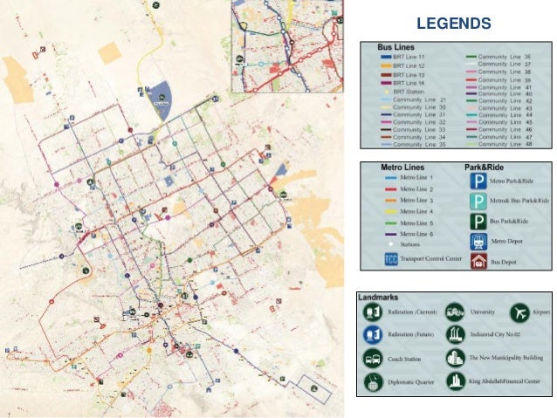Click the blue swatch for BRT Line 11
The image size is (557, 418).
point(385,57)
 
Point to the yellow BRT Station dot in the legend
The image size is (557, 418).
point(385,90)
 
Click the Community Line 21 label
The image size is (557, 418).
point(420,99)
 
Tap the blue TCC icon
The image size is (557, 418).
point(389,259)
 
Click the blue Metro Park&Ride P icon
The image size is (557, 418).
point(477,182)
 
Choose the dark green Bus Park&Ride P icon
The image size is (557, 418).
point(477,222)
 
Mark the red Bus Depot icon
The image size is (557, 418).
point(477,260)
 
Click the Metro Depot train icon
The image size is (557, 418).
point(477,241)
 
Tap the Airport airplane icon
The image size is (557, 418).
point(521,312)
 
